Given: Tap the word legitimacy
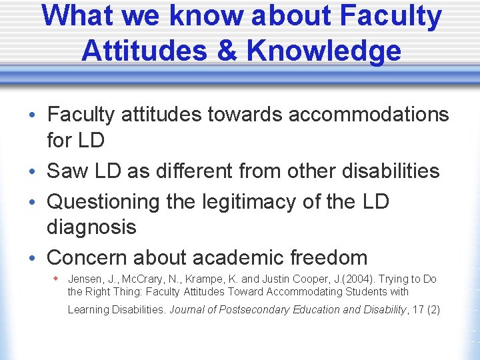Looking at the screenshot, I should click(258, 201).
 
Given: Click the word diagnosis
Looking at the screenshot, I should click(91, 227).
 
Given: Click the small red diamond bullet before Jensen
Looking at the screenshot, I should click(58, 278).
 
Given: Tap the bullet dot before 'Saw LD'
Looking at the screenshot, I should click(33, 172).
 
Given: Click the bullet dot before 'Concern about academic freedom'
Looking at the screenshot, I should click(33, 258).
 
